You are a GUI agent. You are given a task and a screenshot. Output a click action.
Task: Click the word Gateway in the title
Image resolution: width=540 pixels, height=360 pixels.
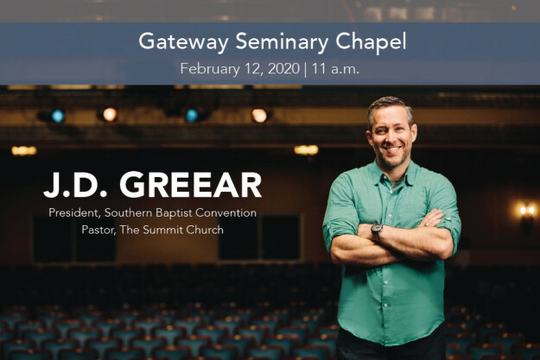(175, 41)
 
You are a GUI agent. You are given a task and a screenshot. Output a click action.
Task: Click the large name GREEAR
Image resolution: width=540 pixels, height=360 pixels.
(189, 186)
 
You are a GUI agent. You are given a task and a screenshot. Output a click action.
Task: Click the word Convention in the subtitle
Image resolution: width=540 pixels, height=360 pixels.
(226, 212)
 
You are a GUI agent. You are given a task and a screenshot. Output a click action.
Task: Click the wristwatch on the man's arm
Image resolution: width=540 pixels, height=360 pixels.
(377, 231)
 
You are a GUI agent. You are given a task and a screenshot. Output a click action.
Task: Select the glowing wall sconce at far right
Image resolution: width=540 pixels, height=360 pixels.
(525, 210)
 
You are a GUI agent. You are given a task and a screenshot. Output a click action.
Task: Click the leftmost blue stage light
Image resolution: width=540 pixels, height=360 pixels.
(58, 116)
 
